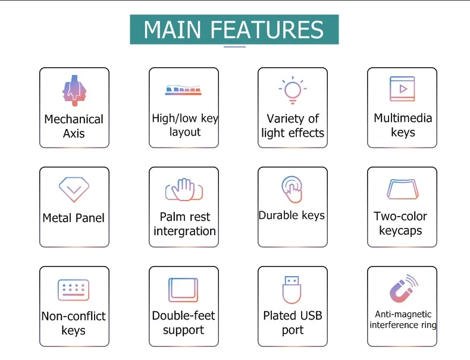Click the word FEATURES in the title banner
(x=267, y=30)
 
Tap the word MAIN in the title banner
(x=173, y=30)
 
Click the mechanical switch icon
(x=74, y=90)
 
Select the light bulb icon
(x=293, y=90)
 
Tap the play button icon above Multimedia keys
(x=402, y=89)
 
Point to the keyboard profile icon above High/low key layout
(x=183, y=90)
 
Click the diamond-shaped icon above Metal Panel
(x=74, y=189)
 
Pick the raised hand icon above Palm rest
(x=184, y=190)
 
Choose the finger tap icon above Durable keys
(x=292, y=189)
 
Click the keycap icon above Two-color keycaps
(x=402, y=189)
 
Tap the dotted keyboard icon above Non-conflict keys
(x=73, y=290)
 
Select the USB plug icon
(x=292, y=290)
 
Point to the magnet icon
(x=403, y=289)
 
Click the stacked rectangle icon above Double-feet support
(x=183, y=290)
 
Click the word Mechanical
(x=74, y=119)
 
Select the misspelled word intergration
(x=184, y=231)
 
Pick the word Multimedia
(x=403, y=118)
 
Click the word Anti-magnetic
(x=403, y=314)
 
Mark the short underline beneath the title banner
(x=234, y=47)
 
